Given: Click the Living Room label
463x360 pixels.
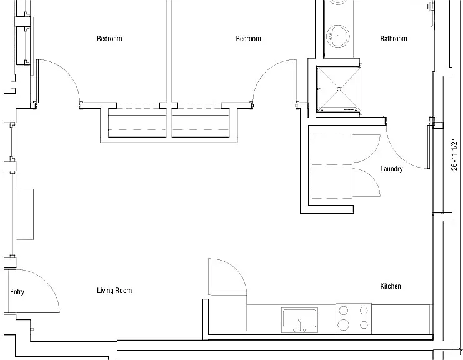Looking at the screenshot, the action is point(114,291).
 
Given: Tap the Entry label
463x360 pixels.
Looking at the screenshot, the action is point(17,292).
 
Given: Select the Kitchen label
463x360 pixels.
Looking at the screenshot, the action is point(391,286).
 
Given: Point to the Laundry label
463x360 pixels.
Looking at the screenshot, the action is point(391,169).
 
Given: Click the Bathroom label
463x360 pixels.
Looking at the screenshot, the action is point(393,39).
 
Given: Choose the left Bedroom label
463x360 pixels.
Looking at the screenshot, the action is point(109,39).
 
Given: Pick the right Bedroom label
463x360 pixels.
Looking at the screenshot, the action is point(248,39).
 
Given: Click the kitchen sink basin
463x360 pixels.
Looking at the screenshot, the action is point(299,320).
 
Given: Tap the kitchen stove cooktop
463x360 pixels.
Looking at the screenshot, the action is point(354,318).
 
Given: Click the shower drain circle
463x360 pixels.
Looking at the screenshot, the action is point(339,89).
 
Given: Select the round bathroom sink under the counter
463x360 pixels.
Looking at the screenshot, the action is point(338,36).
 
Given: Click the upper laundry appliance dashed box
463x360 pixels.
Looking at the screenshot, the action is point(332,149).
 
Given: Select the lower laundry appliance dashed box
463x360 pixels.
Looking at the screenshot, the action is point(332,182).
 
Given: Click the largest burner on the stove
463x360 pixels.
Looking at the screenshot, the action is point(343,325).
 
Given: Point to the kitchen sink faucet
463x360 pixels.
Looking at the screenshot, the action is point(299,325).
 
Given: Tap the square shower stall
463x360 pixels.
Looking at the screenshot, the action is point(339,89).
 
